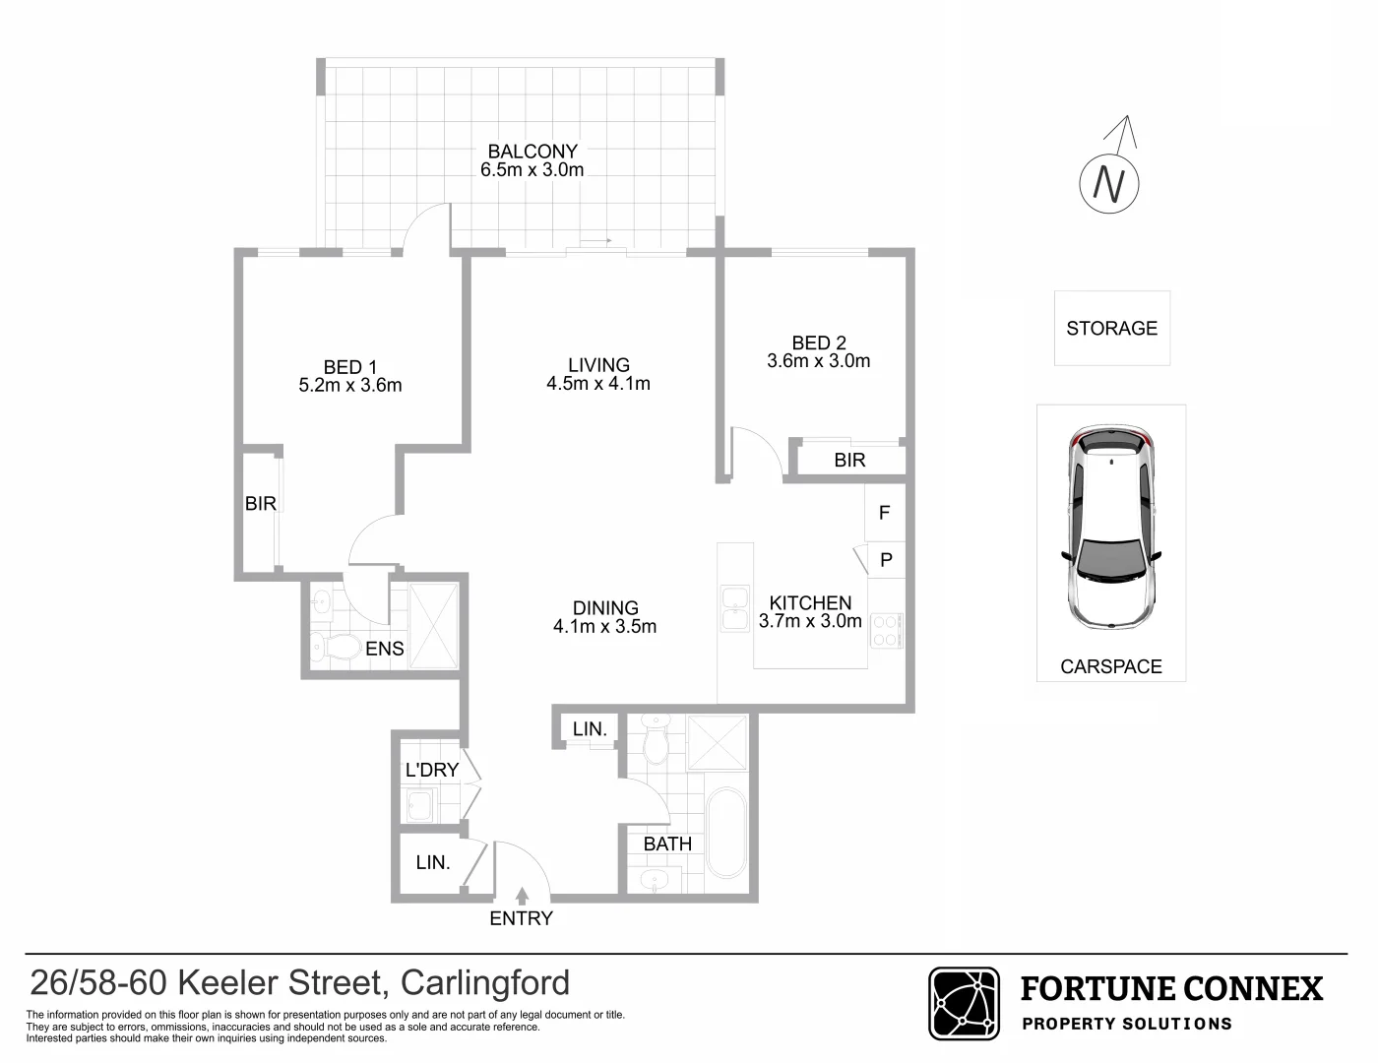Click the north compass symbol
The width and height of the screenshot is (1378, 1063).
pyautogui.click(x=1111, y=182)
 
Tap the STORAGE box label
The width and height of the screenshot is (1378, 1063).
pyautogui.click(x=1111, y=328)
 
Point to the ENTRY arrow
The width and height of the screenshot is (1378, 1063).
pyautogui.click(x=521, y=896)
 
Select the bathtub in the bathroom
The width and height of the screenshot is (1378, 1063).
pyautogui.click(x=727, y=832)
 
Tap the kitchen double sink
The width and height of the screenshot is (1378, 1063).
pyautogui.click(x=734, y=607)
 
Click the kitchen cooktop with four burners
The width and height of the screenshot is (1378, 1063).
pyautogui.click(x=886, y=630)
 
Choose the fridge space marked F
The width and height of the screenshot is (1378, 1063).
pyautogui.click(x=884, y=513)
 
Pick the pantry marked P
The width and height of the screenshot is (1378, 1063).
pyautogui.click(x=886, y=560)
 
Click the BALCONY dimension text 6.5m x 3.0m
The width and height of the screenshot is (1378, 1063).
pyautogui.click(x=532, y=169)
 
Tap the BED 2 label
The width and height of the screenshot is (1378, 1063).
pyautogui.click(x=818, y=343)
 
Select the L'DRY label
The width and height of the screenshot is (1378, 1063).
pyautogui.click(x=431, y=770)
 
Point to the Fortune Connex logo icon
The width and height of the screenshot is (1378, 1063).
pyautogui.click(x=964, y=1003)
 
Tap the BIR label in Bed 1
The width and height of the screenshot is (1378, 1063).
pyautogui.click(x=260, y=503)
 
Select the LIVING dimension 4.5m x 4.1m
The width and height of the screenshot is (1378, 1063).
pyautogui.click(x=598, y=384)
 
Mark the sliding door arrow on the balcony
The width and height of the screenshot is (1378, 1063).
pyautogui.click(x=595, y=240)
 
